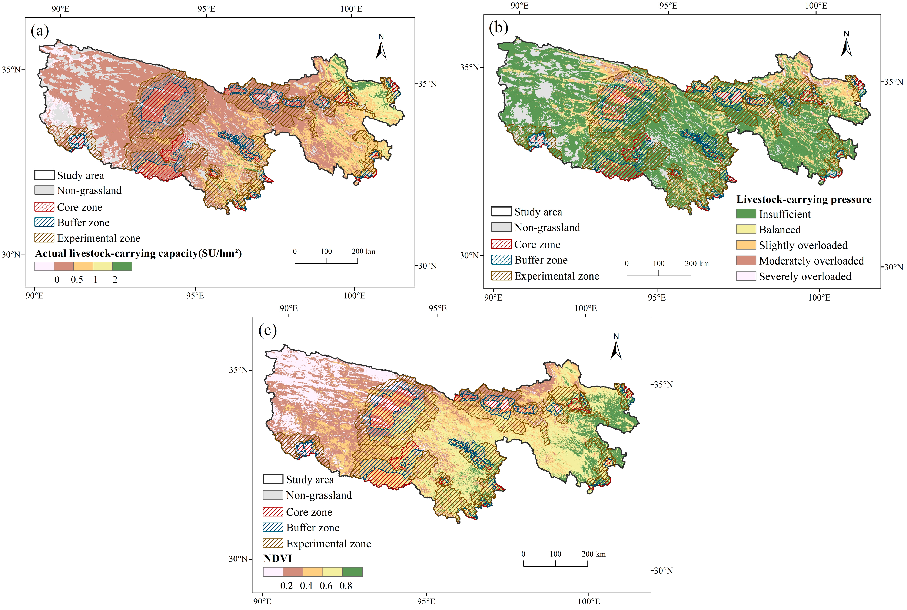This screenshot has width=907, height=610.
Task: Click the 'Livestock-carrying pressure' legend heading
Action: click(804, 200)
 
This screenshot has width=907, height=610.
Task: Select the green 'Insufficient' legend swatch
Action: click(746, 214)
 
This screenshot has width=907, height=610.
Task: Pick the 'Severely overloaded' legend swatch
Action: click(746, 276)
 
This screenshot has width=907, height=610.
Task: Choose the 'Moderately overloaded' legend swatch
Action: click(746, 261)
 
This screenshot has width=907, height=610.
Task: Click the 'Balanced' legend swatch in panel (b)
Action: click(746, 229)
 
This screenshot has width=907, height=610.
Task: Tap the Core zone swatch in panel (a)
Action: click(44, 207)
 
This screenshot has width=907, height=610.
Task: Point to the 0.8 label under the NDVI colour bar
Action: click(346, 586)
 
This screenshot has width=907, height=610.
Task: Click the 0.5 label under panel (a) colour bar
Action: click(77, 280)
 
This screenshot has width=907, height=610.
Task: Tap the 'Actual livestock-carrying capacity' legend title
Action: click(139, 254)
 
